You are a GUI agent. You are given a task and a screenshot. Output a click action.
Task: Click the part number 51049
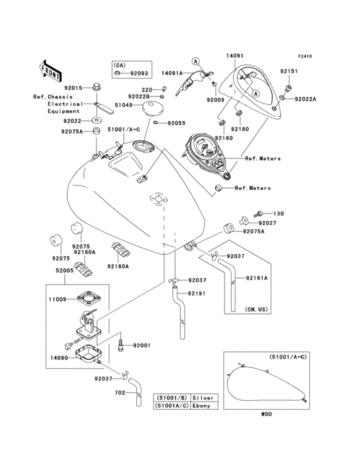click(123, 105)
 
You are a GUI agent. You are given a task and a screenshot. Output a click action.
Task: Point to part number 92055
click(176, 123)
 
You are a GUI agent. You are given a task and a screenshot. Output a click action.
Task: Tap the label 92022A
click(306, 99)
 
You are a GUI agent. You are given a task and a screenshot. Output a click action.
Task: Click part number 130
click(278, 214)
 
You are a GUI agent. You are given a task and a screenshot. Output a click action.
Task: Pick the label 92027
click(268, 223)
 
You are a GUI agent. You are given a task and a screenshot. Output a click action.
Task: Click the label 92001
click(141, 346)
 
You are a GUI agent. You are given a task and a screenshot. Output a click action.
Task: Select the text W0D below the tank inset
click(266, 414)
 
